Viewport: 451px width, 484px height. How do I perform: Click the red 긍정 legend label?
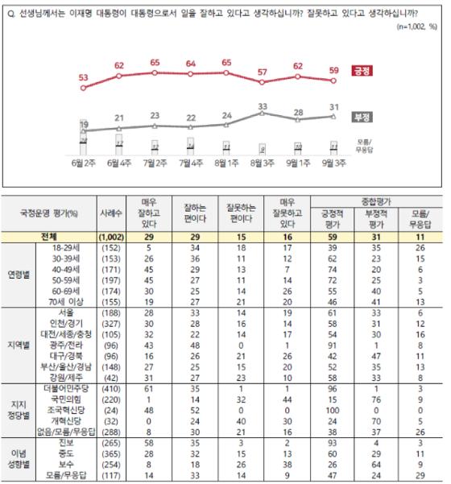coord(358,72)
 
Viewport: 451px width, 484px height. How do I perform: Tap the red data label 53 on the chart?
coord(83,77)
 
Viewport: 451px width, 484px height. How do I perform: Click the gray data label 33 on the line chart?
coord(263,105)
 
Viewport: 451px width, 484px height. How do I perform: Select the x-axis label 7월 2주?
coord(155,163)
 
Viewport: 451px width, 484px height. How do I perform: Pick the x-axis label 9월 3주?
coord(333,163)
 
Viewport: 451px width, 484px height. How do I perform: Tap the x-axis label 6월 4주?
coord(118,163)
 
